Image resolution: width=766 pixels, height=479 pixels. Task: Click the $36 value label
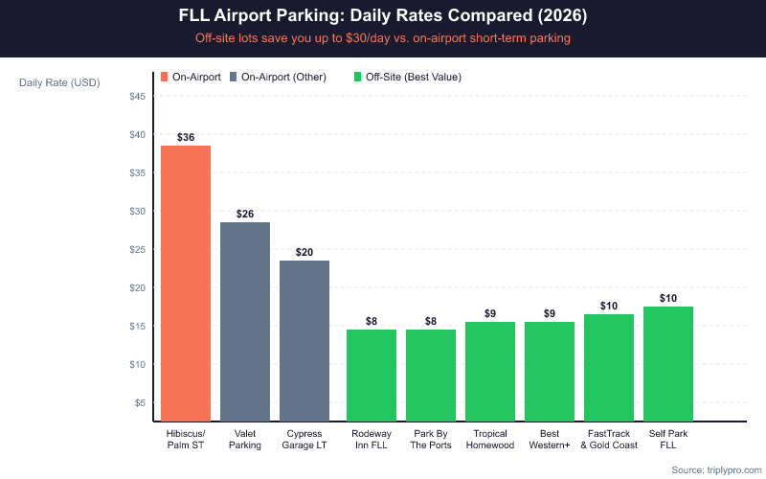click(186, 138)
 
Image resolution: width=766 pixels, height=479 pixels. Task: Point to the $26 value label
click(245, 215)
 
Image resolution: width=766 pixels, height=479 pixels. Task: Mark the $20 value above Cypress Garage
click(304, 253)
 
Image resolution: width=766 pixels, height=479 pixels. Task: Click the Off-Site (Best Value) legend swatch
click(358, 77)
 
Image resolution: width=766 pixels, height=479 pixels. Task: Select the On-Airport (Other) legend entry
click(278, 77)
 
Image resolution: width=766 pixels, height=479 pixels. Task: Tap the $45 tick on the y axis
click(137, 96)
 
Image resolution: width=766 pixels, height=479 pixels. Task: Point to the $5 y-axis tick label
click(140, 402)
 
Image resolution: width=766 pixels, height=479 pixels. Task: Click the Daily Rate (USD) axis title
click(59, 82)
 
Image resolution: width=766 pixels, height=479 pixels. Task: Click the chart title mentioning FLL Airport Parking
click(383, 17)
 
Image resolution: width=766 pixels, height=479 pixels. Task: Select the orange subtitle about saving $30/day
click(383, 38)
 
